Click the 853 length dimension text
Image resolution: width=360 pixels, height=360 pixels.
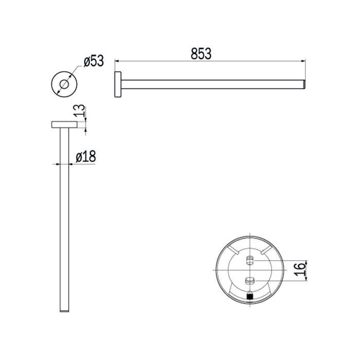201,53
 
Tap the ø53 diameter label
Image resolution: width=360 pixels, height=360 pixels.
94,61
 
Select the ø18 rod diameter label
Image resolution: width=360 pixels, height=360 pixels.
86,156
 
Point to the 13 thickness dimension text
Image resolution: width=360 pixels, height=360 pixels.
80,111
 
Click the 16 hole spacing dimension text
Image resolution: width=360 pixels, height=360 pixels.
300,270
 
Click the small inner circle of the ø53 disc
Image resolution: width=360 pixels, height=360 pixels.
64,84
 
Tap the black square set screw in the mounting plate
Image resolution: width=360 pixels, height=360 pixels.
250,296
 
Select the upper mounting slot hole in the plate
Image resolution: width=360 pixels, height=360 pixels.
249,261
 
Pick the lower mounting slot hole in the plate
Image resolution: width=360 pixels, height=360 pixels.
249,281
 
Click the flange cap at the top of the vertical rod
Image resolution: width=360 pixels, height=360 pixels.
64,124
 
